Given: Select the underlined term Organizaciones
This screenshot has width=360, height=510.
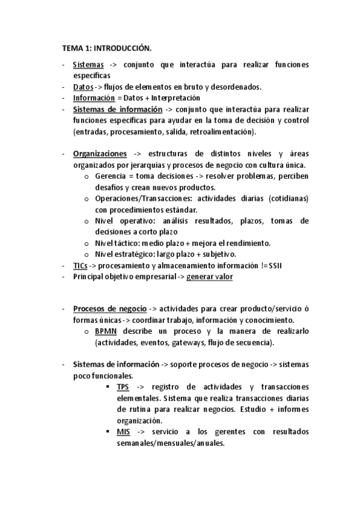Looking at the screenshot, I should (100, 154).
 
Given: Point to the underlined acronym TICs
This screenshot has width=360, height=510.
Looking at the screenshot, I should (81, 265).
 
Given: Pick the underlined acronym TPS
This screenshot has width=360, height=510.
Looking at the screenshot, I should (123, 386).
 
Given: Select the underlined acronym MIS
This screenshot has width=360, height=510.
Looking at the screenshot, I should (123, 432).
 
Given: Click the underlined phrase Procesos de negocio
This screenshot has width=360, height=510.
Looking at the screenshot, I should (109, 309).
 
